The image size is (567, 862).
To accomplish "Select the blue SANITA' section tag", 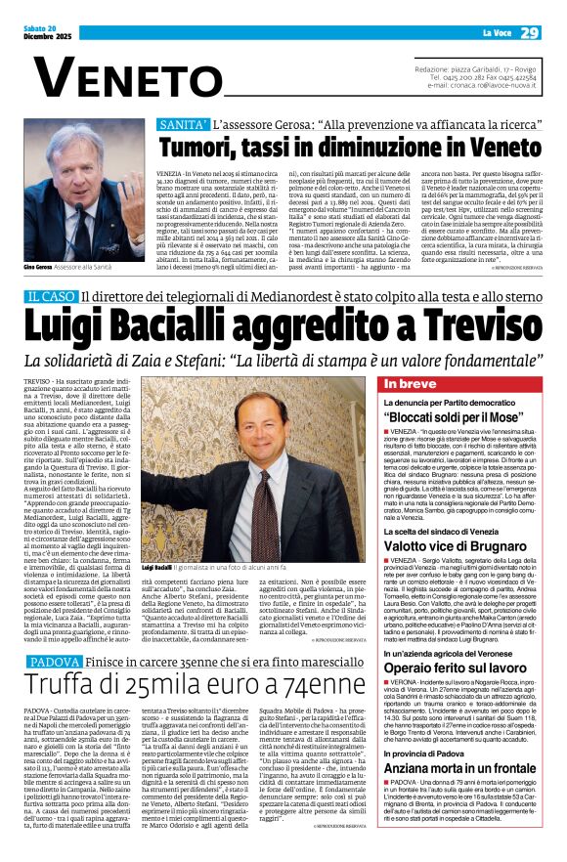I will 185,125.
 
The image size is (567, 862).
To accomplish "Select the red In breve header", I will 410,384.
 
